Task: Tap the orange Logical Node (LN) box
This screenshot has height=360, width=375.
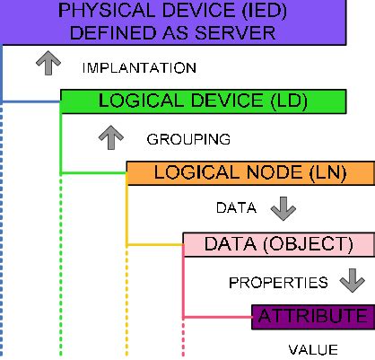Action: click(249, 172)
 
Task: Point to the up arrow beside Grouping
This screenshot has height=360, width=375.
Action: click(110, 137)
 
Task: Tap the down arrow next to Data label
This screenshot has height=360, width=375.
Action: click(283, 208)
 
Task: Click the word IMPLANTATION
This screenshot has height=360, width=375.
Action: click(138, 67)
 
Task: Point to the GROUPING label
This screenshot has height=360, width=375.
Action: click(188, 139)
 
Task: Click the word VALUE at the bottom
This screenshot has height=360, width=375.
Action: click(312, 349)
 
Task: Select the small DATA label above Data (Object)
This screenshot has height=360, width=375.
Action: click(237, 209)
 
